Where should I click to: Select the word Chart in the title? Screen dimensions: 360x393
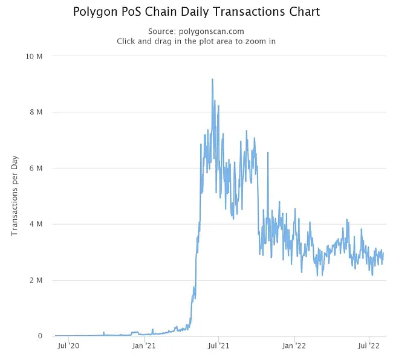(304, 12)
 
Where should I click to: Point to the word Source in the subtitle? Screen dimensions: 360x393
(161, 31)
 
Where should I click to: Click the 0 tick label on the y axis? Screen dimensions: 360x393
(39, 336)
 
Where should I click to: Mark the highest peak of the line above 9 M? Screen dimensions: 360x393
(212, 79)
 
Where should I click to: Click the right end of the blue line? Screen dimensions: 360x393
(383, 254)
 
